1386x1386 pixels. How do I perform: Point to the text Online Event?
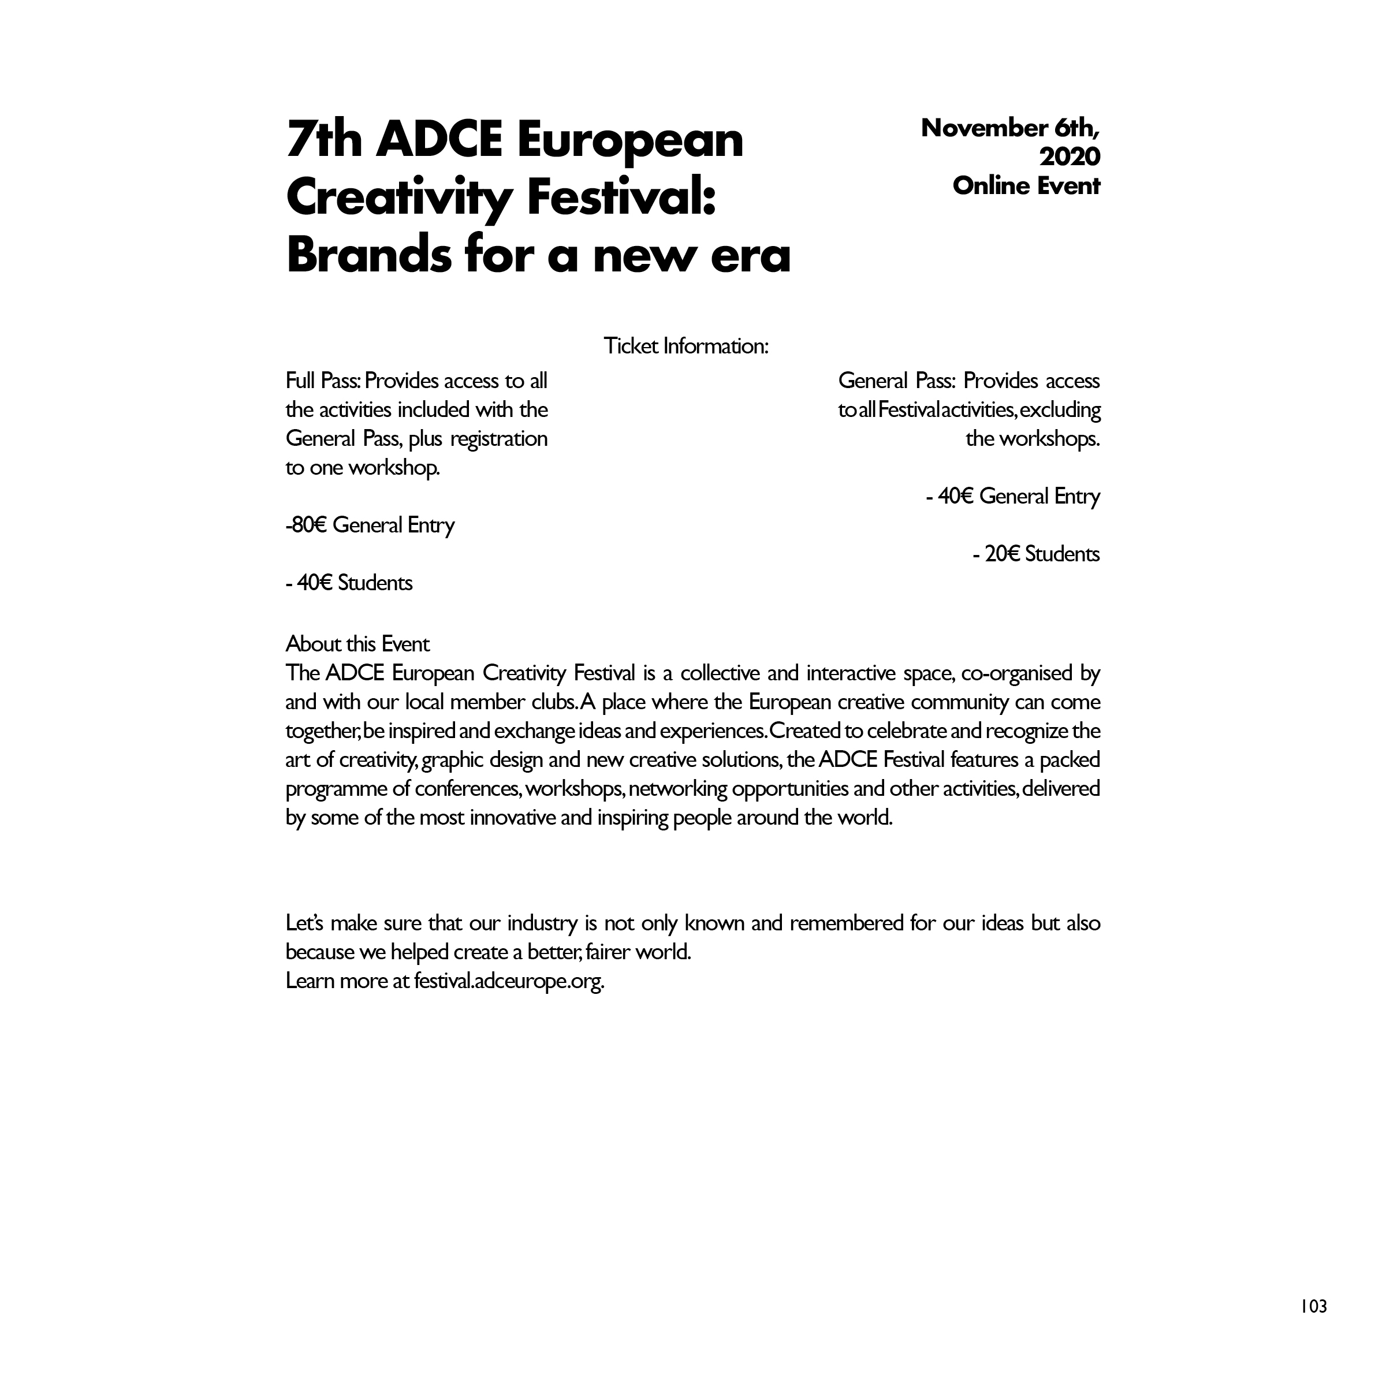[x=1026, y=186]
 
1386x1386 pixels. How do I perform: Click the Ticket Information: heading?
[x=686, y=346]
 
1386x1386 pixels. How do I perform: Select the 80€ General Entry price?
[x=371, y=525]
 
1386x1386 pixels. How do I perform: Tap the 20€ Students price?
[x=1036, y=554]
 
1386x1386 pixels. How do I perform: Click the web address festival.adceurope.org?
[x=509, y=980]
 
